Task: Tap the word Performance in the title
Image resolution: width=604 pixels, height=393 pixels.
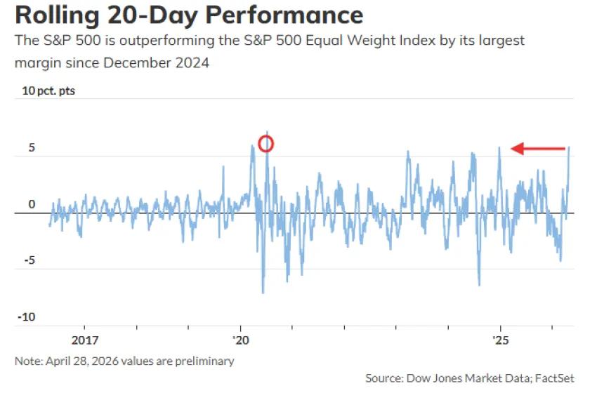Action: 284,15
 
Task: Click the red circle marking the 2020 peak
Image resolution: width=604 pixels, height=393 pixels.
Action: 266,144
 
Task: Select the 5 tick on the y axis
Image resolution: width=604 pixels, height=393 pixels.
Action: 31,148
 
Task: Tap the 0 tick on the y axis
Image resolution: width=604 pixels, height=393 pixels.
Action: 32,204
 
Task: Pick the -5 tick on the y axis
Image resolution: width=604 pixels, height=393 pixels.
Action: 28,260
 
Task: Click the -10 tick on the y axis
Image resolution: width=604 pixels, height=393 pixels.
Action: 27,317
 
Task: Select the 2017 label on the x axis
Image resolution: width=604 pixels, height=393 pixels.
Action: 84,340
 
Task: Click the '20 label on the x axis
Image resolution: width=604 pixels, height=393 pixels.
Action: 241,340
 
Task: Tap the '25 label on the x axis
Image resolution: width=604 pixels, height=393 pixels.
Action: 500,340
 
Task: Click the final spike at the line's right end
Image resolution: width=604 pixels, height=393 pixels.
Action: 569,149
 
